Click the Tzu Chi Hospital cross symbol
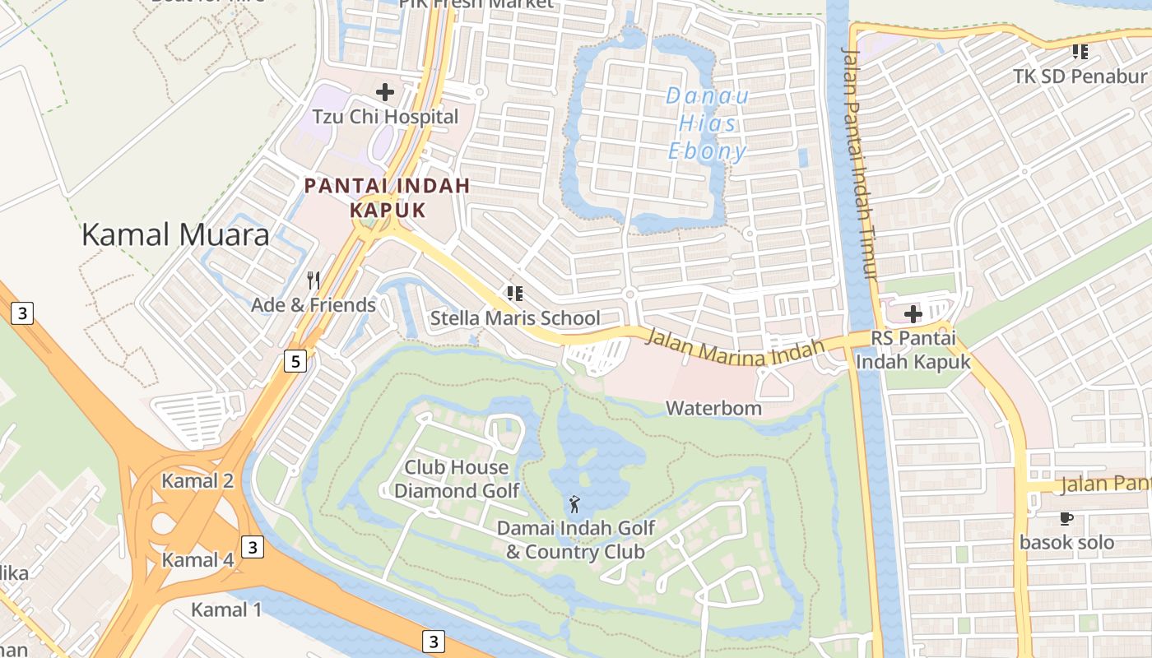pos(384,92)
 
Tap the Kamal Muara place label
pos(175,235)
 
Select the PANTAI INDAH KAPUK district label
pos(387,197)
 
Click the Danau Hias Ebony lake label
pos(708,123)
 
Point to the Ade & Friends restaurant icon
pos(313,280)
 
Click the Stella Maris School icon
pos(515,294)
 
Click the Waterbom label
pos(713,408)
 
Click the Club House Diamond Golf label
pos(457,479)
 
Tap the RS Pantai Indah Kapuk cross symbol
pos(913,314)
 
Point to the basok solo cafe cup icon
pos(1066,518)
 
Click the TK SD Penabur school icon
pos(1080,53)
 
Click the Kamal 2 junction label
pos(197,481)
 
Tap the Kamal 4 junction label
pos(197,560)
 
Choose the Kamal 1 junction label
pos(226,609)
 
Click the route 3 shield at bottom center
pos(434,641)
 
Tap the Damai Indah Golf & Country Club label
pos(575,540)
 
